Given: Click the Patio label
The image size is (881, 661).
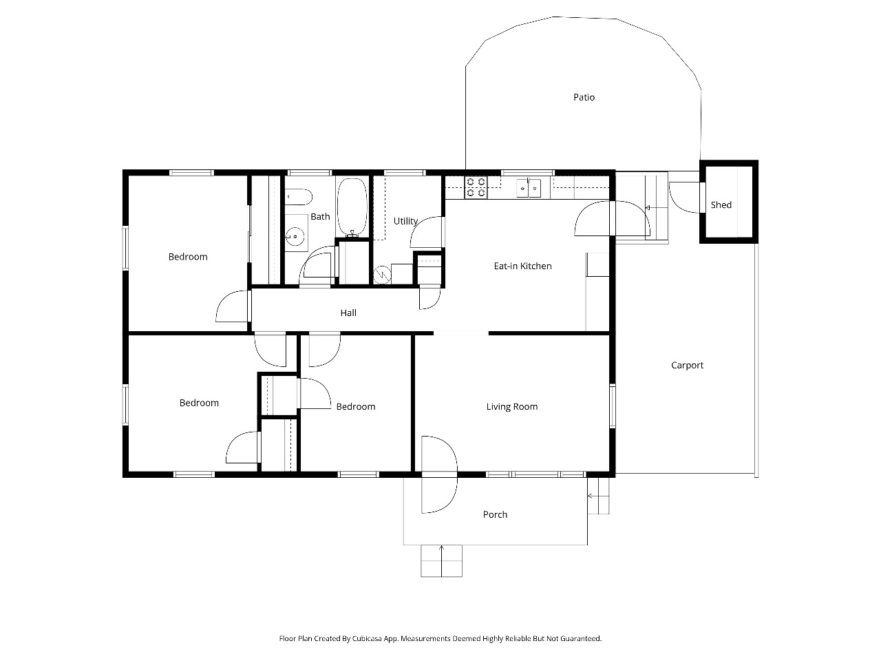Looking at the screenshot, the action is [x=584, y=97].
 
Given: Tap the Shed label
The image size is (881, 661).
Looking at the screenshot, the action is [x=721, y=204].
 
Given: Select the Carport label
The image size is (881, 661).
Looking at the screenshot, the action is [x=687, y=365].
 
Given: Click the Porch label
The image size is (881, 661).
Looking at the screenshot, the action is [x=495, y=514].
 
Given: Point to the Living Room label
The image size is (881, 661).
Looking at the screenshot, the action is [x=512, y=406].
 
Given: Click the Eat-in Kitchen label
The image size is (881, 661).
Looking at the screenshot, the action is [x=522, y=266].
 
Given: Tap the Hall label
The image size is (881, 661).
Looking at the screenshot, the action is [x=348, y=313].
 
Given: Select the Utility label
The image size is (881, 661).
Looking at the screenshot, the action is [x=405, y=221].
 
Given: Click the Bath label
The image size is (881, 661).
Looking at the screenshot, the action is [x=320, y=216].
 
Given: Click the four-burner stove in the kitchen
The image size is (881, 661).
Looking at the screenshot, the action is [x=476, y=187].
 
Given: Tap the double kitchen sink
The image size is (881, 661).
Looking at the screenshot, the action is [x=528, y=188].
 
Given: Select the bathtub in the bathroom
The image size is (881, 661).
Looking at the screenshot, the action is [x=352, y=208].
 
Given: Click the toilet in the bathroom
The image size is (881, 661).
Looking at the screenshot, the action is [x=299, y=197].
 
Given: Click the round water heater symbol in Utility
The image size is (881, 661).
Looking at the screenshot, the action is [x=382, y=275].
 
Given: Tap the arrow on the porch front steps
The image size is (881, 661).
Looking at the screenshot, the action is [x=441, y=560].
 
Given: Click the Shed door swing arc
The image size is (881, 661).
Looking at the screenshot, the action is [x=680, y=202].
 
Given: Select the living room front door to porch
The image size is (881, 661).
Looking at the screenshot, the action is [x=439, y=474].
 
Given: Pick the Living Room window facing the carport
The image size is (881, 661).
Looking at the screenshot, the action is [x=613, y=406].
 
